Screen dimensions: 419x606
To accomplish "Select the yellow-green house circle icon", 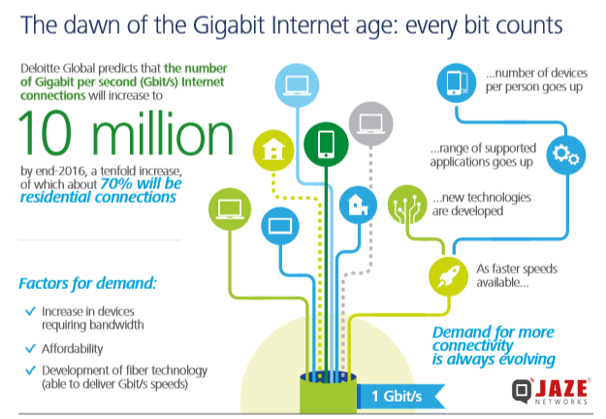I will point(271,149).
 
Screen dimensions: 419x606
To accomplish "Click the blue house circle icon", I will point(357,204).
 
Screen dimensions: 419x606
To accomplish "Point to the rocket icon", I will point(448,275).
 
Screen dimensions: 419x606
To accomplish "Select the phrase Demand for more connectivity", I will point(494,339).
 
